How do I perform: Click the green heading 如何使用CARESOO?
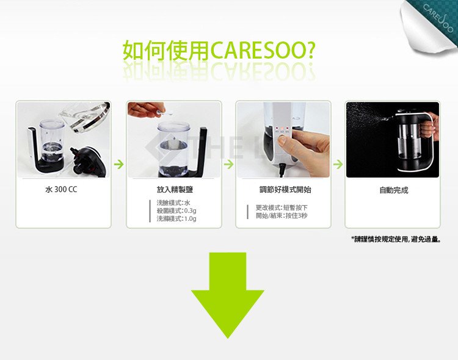point(219,51)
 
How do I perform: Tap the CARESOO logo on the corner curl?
point(438,18)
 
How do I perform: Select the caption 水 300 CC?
point(61,190)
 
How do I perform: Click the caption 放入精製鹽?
point(175,190)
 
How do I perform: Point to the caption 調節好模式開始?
point(285,190)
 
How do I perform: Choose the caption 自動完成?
point(394,190)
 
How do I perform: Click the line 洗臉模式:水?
point(173,203)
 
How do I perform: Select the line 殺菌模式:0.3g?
point(176,211)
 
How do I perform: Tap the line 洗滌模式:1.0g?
point(176,218)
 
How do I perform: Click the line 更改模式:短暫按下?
point(282,207)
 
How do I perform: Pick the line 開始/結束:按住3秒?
point(282,216)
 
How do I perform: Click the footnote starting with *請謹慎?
point(396,239)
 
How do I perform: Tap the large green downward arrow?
point(228,295)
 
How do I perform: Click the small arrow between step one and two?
point(118,164)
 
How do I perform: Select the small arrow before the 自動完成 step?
point(338,164)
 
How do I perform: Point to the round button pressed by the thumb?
point(282,139)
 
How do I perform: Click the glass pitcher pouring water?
point(85,115)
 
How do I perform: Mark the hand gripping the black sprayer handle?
point(429,127)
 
